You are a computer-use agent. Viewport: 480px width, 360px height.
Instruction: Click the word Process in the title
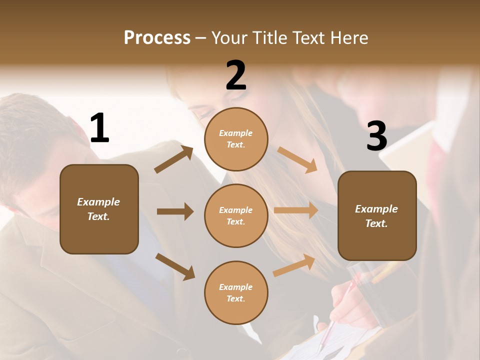[x=157, y=38]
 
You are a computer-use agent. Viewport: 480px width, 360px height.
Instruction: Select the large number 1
[x=99, y=128]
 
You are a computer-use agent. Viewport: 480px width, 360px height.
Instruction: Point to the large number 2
[x=236, y=75]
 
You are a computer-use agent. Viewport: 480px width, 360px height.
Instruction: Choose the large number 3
[x=376, y=136]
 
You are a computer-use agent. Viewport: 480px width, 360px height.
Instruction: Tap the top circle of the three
[x=236, y=139]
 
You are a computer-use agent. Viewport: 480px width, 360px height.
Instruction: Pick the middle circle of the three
[x=236, y=215]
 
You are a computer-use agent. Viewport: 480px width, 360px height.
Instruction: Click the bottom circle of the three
[x=236, y=292]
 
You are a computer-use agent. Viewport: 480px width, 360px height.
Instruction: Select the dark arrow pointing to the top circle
[x=174, y=159]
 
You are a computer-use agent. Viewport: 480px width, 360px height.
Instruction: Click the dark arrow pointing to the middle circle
[x=175, y=211]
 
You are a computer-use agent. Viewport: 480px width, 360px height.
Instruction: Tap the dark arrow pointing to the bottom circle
[x=175, y=266]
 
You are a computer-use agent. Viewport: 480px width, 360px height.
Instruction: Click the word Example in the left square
[x=98, y=202]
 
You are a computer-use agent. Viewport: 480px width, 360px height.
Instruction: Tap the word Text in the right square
[x=376, y=223]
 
